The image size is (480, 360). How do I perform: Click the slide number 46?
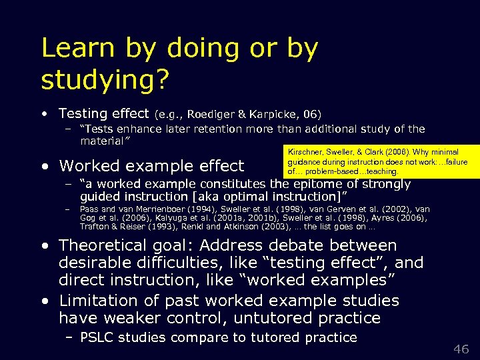coord(461,349)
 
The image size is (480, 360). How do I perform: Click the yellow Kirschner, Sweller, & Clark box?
coord(376,161)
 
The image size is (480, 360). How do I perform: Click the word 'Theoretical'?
coord(103,246)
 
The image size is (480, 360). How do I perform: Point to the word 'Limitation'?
coord(97,301)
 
